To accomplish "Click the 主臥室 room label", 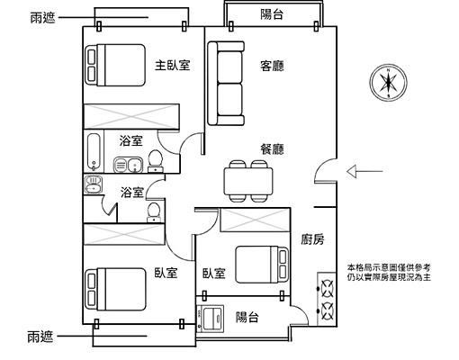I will coord(172,66).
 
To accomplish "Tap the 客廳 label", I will coord(272,66).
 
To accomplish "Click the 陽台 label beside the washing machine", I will coord(247,318).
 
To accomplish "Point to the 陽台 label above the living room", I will coord(272,13).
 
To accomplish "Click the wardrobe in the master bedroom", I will coord(130,117).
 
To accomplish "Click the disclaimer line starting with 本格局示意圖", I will coord(390,268).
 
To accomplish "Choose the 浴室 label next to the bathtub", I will coord(131,140).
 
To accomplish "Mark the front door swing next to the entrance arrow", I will coord(327,168).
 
